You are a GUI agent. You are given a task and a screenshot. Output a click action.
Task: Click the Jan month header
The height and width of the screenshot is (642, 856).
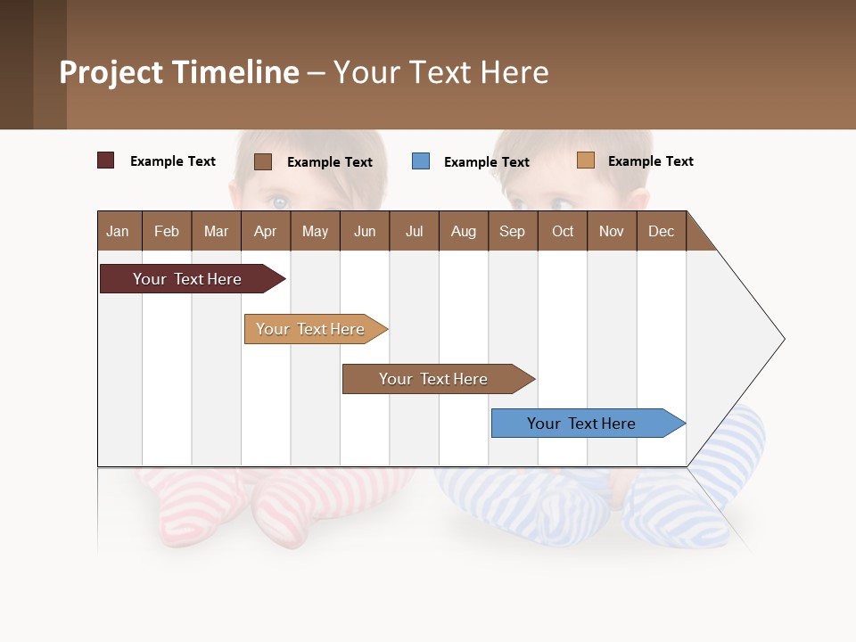[x=118, y=231]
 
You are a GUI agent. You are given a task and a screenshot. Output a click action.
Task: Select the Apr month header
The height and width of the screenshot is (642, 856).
[x=265, y=231]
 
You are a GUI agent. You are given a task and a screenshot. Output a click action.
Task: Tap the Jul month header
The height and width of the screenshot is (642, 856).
[x=414, y=231]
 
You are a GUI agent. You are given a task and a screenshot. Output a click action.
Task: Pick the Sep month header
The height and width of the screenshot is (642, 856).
[x=512, y=231]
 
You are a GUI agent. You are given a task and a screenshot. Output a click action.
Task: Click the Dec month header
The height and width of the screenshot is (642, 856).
[x=661, y=231]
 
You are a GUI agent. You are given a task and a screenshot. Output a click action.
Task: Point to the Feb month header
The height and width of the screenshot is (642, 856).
[x=167, y=231]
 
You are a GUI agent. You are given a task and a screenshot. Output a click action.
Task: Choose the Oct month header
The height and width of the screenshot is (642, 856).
[x=563, y=231]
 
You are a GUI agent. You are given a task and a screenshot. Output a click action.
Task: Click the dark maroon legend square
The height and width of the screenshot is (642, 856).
[x=105, y=160]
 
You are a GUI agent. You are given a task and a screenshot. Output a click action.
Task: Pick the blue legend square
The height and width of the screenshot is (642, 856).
[x=421, y=161]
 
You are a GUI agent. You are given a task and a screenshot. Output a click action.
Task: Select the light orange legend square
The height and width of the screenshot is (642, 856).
[x=585, y=160]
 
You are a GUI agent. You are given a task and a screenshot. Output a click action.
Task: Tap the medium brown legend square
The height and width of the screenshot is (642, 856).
[x=263, y=161]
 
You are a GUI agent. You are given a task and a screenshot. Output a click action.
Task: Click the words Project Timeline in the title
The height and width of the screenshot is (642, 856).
[x=179, y=72]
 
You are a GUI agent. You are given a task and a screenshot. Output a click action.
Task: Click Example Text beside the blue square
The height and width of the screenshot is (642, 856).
[x=486, y=162]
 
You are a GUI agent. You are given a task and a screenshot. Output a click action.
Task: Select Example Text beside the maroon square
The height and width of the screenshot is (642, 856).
[x=173, y=161]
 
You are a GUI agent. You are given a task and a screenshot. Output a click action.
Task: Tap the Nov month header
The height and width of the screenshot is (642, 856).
[x=612, y=231]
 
